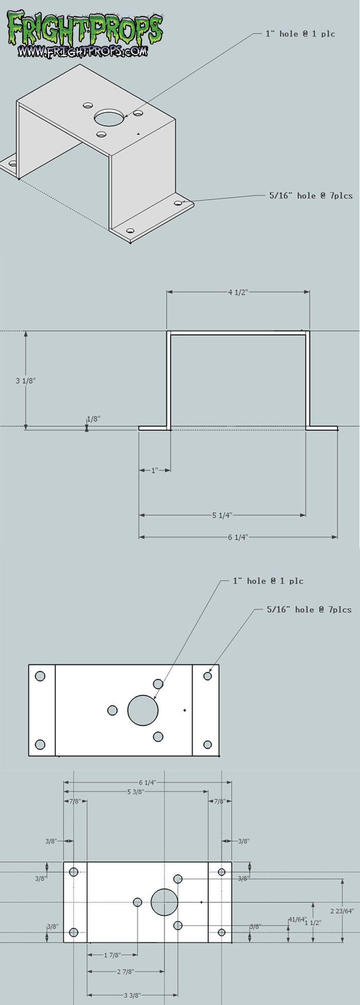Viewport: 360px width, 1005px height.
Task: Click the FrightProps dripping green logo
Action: tap(85, 28)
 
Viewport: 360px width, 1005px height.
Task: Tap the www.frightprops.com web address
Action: tap(83, 51)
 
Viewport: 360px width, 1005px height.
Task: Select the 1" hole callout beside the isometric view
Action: tap(300, 34)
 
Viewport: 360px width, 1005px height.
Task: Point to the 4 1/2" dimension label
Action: tap(238, 292)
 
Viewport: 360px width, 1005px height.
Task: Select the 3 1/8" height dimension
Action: tap(26, 381)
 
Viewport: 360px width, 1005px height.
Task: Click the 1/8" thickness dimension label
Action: tap(93, 419)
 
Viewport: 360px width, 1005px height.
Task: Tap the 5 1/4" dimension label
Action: tap(222, 515)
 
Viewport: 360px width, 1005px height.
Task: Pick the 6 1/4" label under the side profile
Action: tap(238, 537)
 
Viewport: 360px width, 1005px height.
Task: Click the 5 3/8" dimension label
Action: tap(135, 792)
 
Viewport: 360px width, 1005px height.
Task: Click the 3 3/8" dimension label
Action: tap(132, 995)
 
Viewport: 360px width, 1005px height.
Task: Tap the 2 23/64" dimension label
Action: tap(342, 911)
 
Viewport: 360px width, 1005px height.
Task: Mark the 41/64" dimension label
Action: tap(297, 919)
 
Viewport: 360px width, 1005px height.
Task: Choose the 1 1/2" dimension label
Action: tap(313, 923)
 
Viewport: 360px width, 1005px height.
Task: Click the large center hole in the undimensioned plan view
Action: tap(143, 710)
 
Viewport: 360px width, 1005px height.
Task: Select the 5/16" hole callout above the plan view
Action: tap(309, 610)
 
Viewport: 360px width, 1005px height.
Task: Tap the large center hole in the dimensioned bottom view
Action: tap(165, 902)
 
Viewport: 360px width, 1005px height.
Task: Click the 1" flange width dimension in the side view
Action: tap(154, 470)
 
